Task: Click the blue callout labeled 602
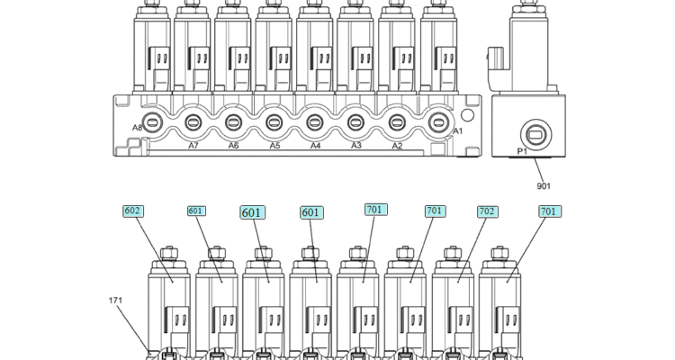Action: [133, 211]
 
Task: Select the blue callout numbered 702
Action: [487, 211]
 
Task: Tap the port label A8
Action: [138, 128]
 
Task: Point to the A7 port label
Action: [193, 146]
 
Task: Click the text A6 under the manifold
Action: [233, 146]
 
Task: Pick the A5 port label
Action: [274, 146]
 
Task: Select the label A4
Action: [316, 146]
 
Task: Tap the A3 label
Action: [356, 145]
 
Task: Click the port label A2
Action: [397, 146]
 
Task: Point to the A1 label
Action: [457, 131]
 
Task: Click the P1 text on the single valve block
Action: [522, 153]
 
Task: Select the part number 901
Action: [544, 186]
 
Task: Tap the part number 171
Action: [116, 301]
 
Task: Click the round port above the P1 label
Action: [535, 136]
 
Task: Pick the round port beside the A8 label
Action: [152, 122]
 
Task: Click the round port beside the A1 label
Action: [438, 122]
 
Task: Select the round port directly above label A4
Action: [315, 122]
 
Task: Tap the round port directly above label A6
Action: [233, 122]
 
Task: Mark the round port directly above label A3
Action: [356, 122]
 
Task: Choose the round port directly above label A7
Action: [193, 122]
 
